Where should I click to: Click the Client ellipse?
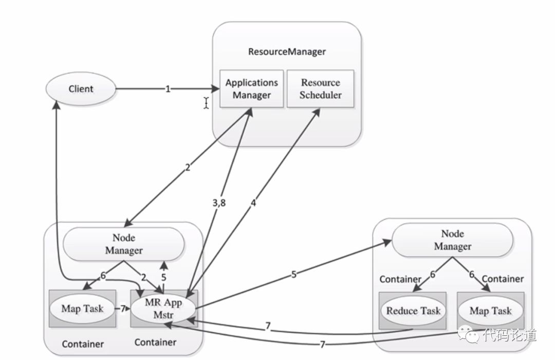tap(81, 88)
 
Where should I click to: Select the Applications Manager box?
tap(252, 88)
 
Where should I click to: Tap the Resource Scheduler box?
tap(320, 88)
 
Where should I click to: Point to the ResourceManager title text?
tap(287, 52)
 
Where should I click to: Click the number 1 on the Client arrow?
tap(168, 88)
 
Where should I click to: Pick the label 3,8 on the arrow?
tap(219, 203)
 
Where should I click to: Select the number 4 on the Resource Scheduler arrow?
tap(253, 203)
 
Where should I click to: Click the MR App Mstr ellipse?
tap(163, 308)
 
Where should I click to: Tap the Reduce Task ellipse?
tap(413, 311)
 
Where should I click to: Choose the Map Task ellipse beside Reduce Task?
tap(491, 311)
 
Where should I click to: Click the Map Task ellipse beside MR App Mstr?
tap(82, 308)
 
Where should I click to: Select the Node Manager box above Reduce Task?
tap(453, 240)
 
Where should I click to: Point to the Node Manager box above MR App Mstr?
tap(124, 244)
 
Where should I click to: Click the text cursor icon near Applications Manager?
tap(207, 103)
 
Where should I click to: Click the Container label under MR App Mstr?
tap(155, 343)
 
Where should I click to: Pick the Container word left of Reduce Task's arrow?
tap(400, 279)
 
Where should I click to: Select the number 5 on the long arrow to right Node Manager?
tap(294, 274)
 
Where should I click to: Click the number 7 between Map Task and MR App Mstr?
tap(123, 309)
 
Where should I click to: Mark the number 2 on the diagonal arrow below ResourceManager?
tap(188, 167)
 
